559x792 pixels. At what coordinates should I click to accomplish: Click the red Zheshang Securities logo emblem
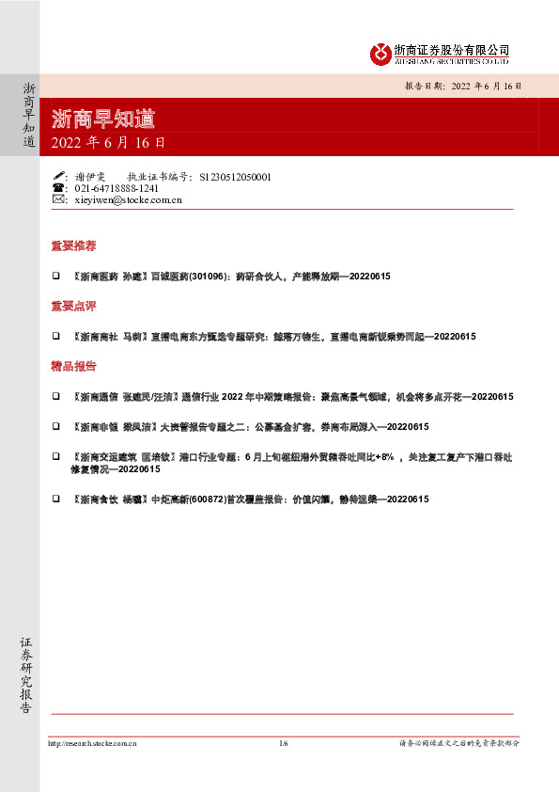pos(379,54)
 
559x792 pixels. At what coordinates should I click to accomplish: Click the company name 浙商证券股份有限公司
pos(451,49)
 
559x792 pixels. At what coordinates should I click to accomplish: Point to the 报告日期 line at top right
pos(462,85)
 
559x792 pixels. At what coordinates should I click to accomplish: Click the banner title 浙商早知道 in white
pos(103,119)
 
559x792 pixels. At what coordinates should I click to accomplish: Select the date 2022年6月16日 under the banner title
pos(108,144)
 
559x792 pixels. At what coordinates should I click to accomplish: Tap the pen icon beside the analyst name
pos(59,176)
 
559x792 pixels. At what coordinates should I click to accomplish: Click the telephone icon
pos(59,188)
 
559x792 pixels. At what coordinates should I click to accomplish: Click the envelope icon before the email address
pos(59,199)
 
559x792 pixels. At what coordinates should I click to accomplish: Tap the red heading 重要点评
pos(73,307)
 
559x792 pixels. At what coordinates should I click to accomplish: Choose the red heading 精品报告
pos(73,366)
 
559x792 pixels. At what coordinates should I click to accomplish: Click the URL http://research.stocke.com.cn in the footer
pos(92,743)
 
